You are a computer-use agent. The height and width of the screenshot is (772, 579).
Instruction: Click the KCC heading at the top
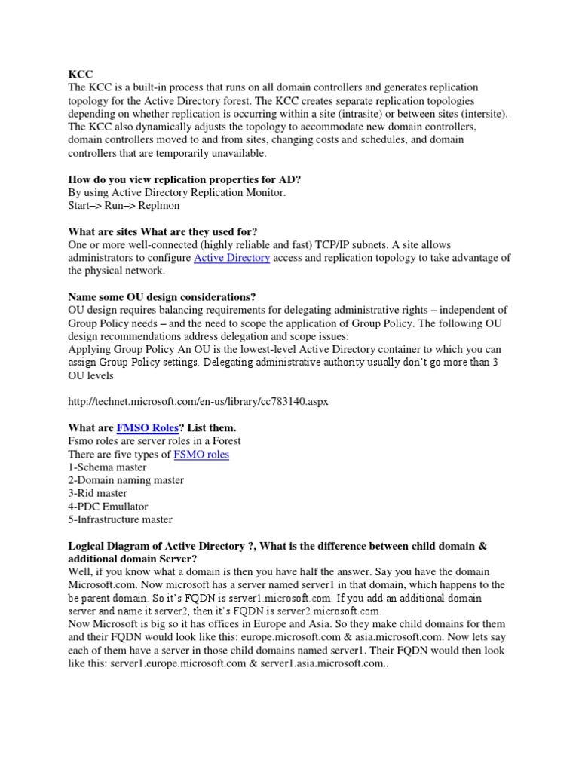[x=81, y=75]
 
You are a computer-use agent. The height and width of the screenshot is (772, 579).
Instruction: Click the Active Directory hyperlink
[x=231, y=259]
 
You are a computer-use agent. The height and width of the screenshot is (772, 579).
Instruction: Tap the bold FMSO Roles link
[x=148, y=428]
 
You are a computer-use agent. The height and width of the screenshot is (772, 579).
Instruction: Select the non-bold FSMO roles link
[x=201, y=455]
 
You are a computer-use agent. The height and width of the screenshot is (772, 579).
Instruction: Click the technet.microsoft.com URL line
[x=198, y=402]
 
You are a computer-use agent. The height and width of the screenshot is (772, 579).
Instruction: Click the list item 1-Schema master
[x=107, y=467]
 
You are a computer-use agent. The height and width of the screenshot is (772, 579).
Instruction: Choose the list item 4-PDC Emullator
[x=108, y=507]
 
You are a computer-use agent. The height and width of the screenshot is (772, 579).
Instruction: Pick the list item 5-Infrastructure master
[x=120, y=519]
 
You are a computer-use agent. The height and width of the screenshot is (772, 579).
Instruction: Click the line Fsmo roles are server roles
[x=155, y=441]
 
